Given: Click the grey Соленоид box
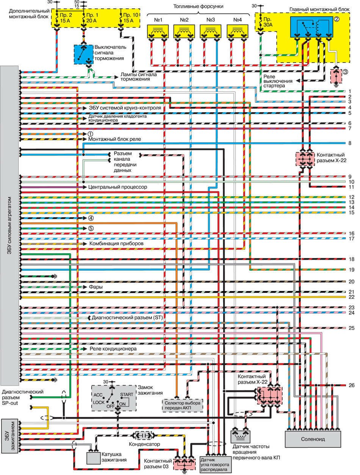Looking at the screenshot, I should coord(313,439).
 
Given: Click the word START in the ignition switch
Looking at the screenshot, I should coord(127,395).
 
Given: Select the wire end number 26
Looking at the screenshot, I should coord(351,386).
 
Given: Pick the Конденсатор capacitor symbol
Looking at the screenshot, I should coord(143,435).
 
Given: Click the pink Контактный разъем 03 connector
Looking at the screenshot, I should coord(183,463).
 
